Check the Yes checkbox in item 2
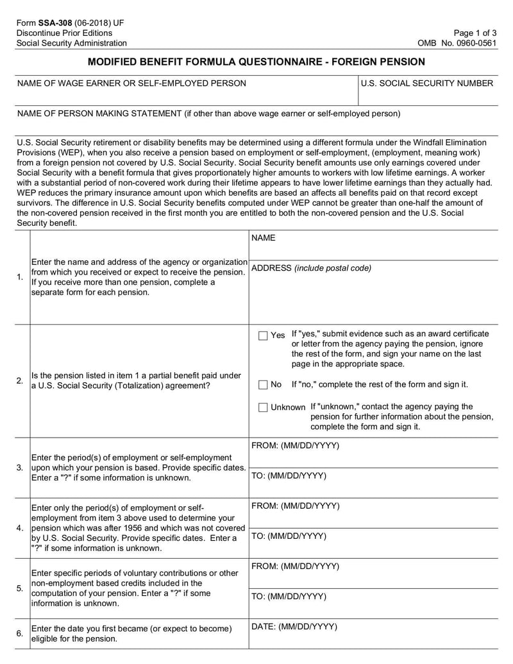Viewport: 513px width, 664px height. (x=263, y=336)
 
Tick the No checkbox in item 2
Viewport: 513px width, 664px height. (x=263, y=385)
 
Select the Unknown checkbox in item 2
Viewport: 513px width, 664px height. (x=263, y=407)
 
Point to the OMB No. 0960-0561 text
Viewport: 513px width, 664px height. (x=457, y=43)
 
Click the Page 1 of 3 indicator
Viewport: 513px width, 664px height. (x=475, y=33)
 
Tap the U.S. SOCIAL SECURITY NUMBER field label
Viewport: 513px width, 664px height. (x=426, y=83)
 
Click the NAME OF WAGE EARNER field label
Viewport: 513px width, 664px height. (x=131, y=83)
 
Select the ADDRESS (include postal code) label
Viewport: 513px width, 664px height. (x=311, y=268)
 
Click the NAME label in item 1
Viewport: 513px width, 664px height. (x=264, y=238)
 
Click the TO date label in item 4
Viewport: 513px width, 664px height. (x=289, y=536)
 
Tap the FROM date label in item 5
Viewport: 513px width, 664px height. (x=295, y=566)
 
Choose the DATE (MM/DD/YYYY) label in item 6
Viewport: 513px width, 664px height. (x=294, y=627)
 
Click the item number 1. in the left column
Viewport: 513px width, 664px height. (x=21, y=277)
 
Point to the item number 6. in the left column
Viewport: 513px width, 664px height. (x=21, y=634)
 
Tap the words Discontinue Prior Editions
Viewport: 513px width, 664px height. (x=64, y=33)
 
